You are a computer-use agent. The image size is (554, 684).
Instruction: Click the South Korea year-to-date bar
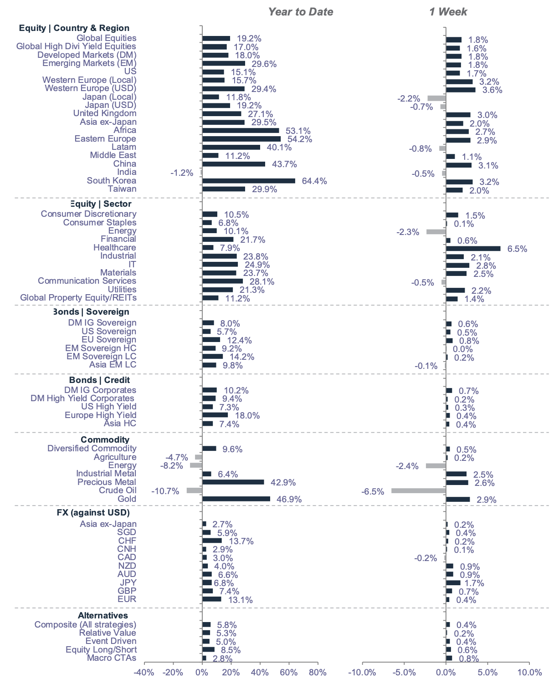[x=248, y=181]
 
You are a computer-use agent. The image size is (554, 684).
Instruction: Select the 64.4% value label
[x=314, y=181]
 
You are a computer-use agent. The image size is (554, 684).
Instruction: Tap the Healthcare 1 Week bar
[x=473, y=249]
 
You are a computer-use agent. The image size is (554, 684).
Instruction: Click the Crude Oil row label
[x=118, y=490]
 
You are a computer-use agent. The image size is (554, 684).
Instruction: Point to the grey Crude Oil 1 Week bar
[x=418, y=491]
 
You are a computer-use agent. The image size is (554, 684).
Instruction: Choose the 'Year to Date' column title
[x=300, y=12]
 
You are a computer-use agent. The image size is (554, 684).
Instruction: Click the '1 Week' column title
[x=448, y=12]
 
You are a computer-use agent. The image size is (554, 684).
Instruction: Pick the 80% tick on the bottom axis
[x=318, y=673]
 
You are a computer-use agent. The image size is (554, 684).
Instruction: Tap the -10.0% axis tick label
[x=362, y=673]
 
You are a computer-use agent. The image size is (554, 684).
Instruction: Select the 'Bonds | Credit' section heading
[x=99, y=380]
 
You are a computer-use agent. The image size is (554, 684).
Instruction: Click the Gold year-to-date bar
[x=236, y=499]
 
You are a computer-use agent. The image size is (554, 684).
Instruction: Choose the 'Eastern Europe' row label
[x=105, y=139]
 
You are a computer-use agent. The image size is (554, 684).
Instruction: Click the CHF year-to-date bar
[x=212, y=541]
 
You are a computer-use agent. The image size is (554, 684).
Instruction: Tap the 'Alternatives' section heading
[x=103, y=616]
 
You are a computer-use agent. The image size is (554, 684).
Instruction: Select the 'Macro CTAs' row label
[x=112, y=658]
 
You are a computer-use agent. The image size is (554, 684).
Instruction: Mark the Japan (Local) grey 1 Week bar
[x=436, y=98]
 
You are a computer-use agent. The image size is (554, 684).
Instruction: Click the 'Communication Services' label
[x=87, y=281]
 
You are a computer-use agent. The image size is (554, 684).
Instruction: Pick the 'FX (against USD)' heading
[x=93, y=513]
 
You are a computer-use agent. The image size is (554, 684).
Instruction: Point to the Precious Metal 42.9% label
[x=283, y=482]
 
